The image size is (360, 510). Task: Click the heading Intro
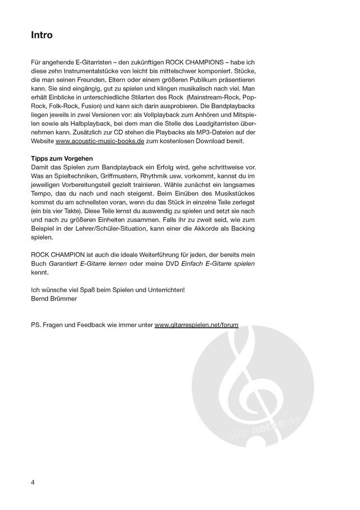[x=42, y=35]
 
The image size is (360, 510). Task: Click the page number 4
[x=33, y=483]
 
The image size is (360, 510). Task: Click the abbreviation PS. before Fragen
[x=37, y=325]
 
